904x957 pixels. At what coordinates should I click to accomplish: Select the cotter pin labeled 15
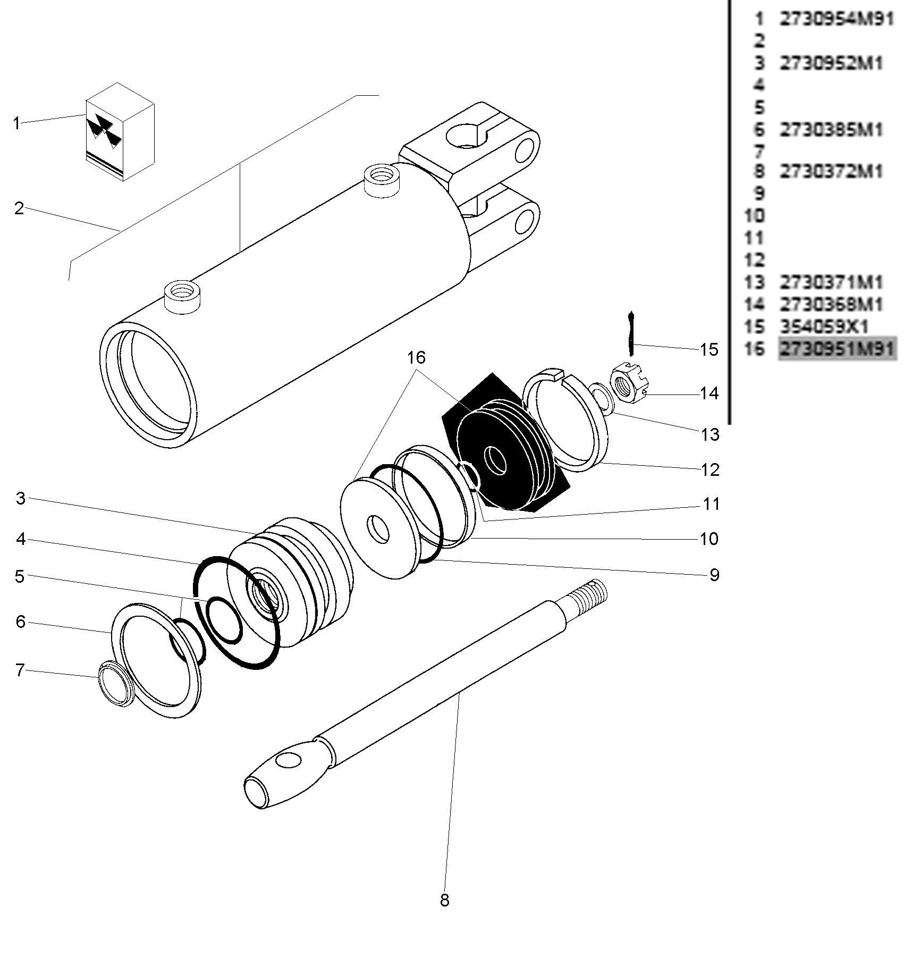pyautogui.click(x=631, y=334)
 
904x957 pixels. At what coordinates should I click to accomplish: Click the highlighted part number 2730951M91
pyautogui.click(x=837, y=349)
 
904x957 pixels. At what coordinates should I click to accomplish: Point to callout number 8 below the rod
pyautogui.click(x=444, y=901)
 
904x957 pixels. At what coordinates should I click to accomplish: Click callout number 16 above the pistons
pyautogui.click(x=417, y=358)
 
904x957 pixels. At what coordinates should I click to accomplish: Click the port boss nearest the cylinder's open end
pyautogui.click(x=182, y=297)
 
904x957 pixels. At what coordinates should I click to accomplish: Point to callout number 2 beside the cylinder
pyautogui.click(x=19, y=208)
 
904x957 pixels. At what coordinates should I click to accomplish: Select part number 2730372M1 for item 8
pyautogui.click(x=831, y=171)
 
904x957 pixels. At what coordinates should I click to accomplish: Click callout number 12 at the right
pyautogui.click(x=710, y=469)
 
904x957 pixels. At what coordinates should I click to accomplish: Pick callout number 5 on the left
pyautogui.click(x=20, y=576)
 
